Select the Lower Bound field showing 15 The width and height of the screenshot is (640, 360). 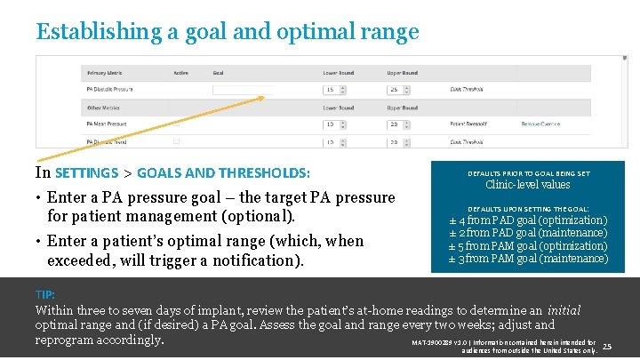coord(334,90)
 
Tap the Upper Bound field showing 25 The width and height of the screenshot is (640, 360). coord(397,90)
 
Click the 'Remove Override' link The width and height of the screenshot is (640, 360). coord(541,124)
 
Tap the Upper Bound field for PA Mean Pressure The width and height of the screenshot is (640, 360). coord(397,124)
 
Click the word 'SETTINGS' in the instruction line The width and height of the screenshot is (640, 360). coord(86,172)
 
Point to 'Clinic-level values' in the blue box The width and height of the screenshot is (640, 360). coord(528,185)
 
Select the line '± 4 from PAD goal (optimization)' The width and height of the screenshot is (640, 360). coord(528,220)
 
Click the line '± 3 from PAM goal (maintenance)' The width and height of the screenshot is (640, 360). coord(528,259)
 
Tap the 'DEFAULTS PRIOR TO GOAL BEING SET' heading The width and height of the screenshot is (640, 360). coord(528,173)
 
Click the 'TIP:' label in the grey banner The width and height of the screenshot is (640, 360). coord(44,294)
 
